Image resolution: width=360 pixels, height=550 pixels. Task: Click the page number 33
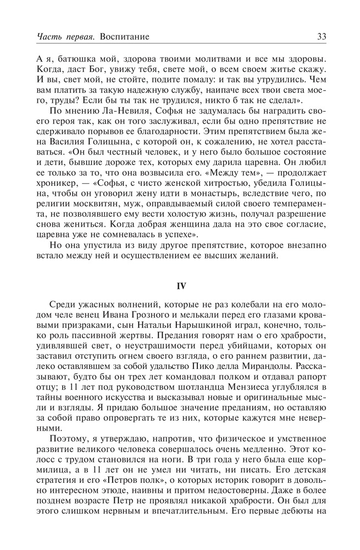(322, 37)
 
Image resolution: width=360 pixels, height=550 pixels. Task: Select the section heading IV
(180, 285)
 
